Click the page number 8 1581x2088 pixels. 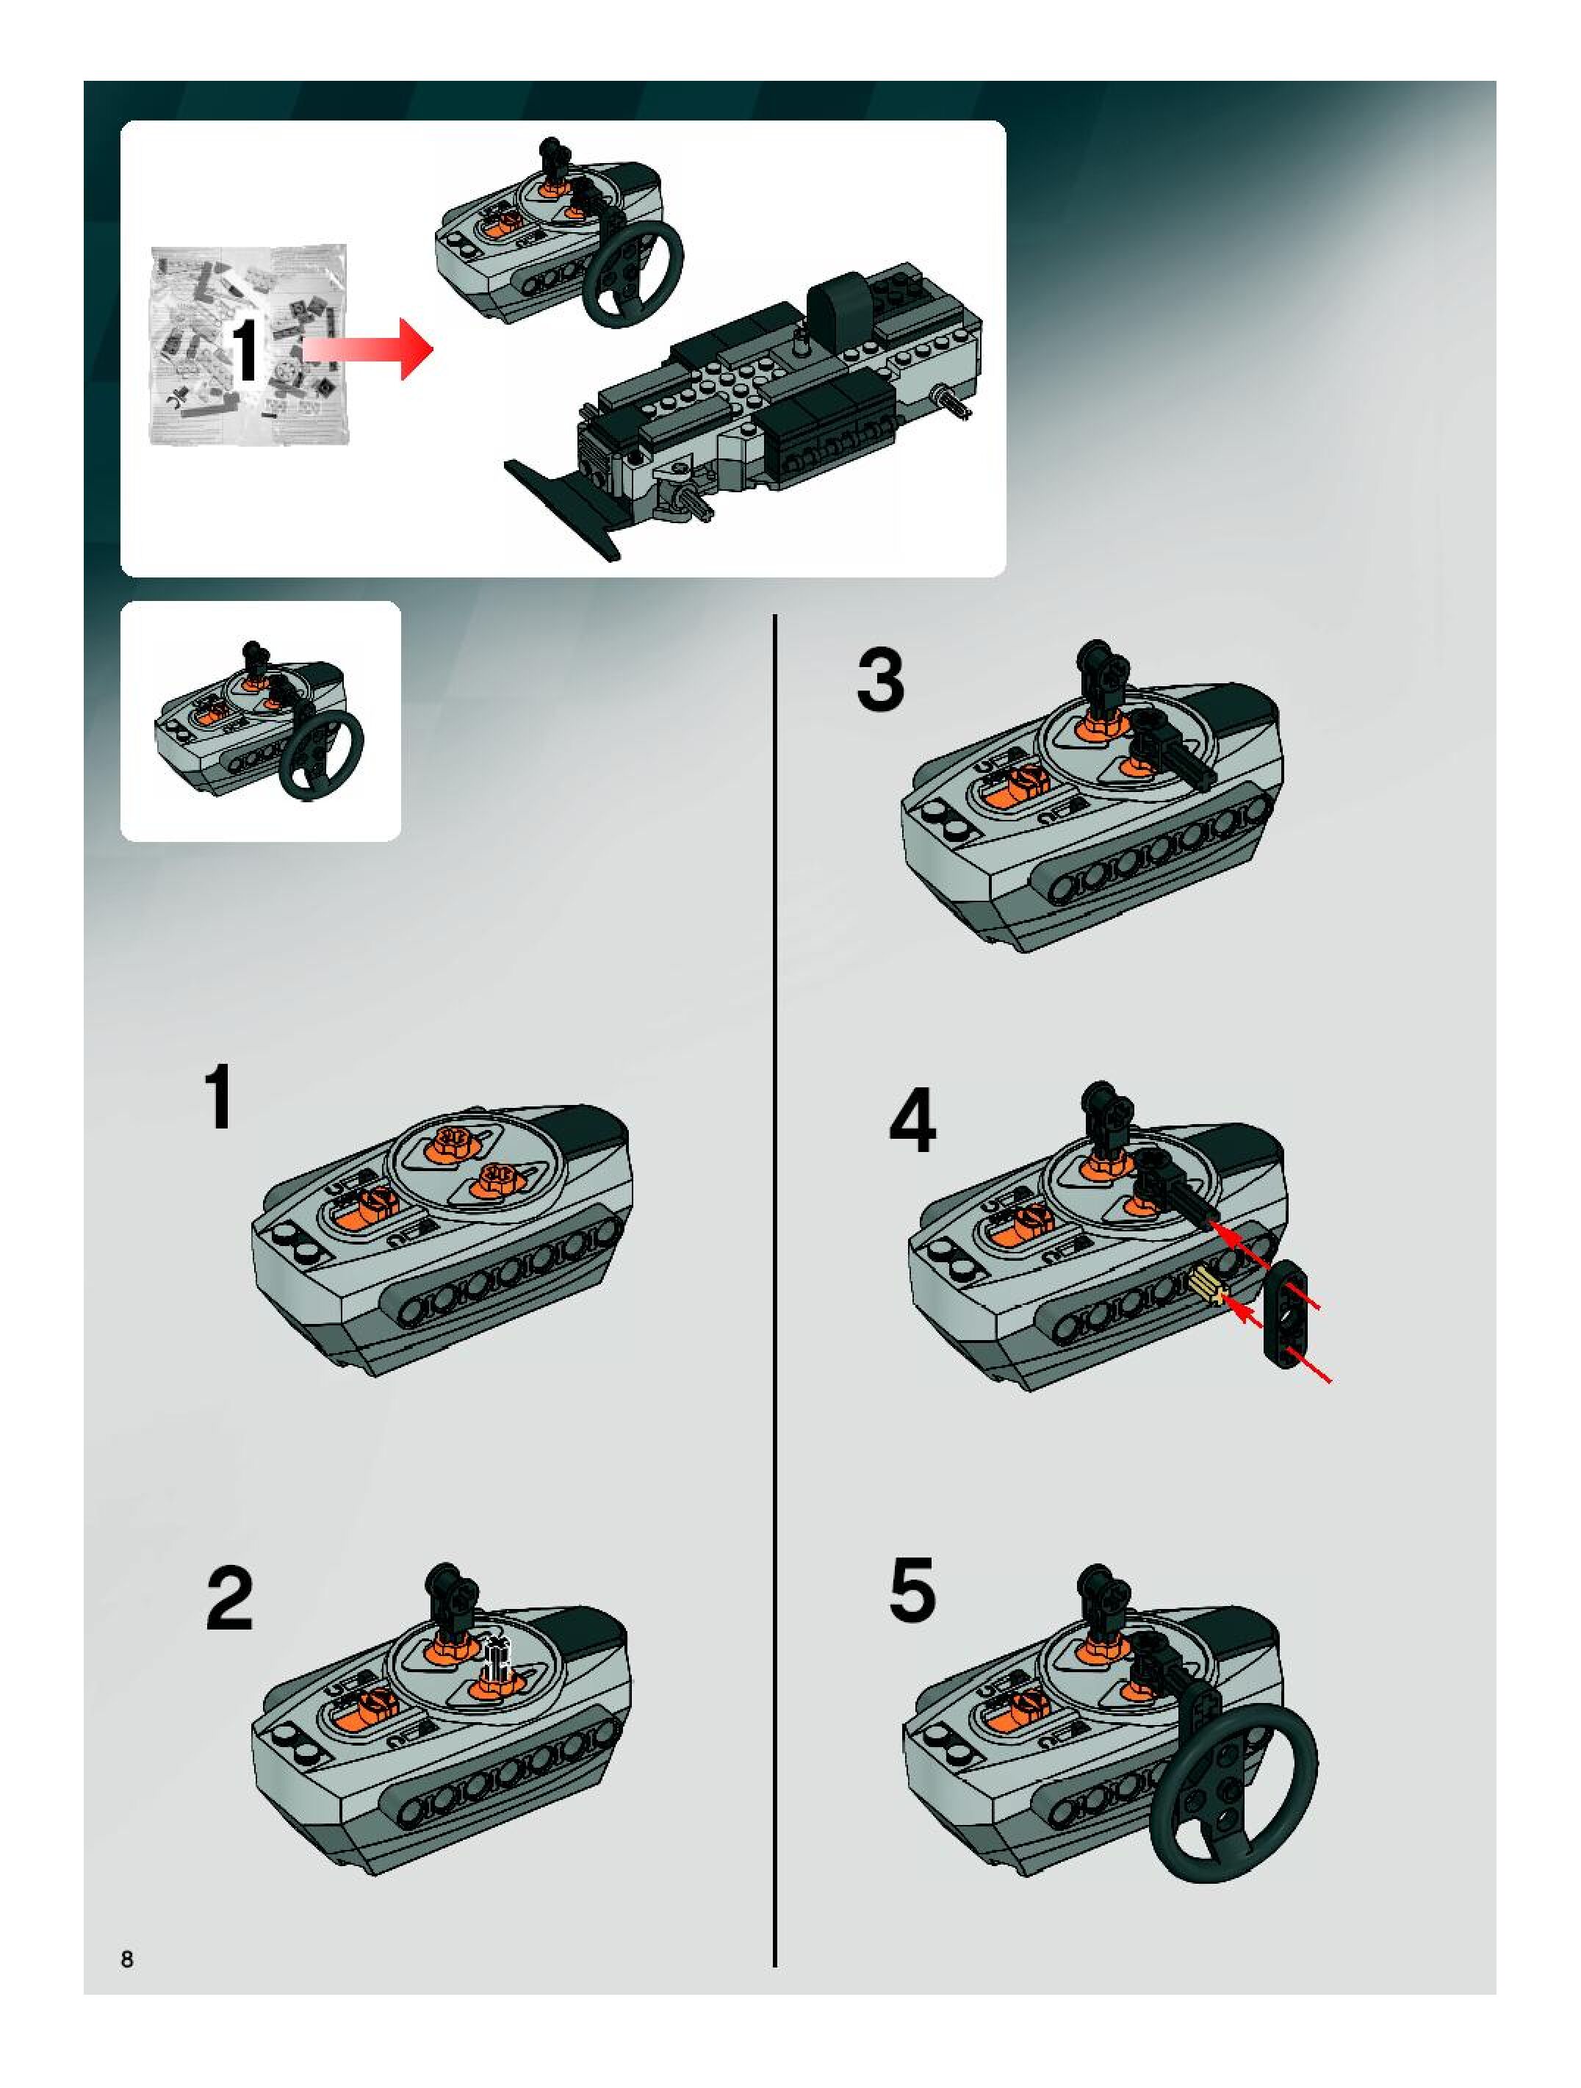coord(127,1959)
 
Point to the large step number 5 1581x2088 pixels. coord(912,1590)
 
